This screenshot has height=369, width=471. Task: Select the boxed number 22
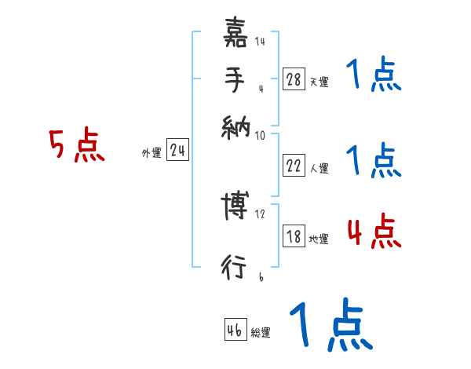click(294, 165)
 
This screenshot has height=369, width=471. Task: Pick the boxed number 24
click(177, 151)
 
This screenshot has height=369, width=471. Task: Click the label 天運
click(319, 82)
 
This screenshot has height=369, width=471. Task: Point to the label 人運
click(319, 168)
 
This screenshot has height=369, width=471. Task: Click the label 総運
click(261, 333)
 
